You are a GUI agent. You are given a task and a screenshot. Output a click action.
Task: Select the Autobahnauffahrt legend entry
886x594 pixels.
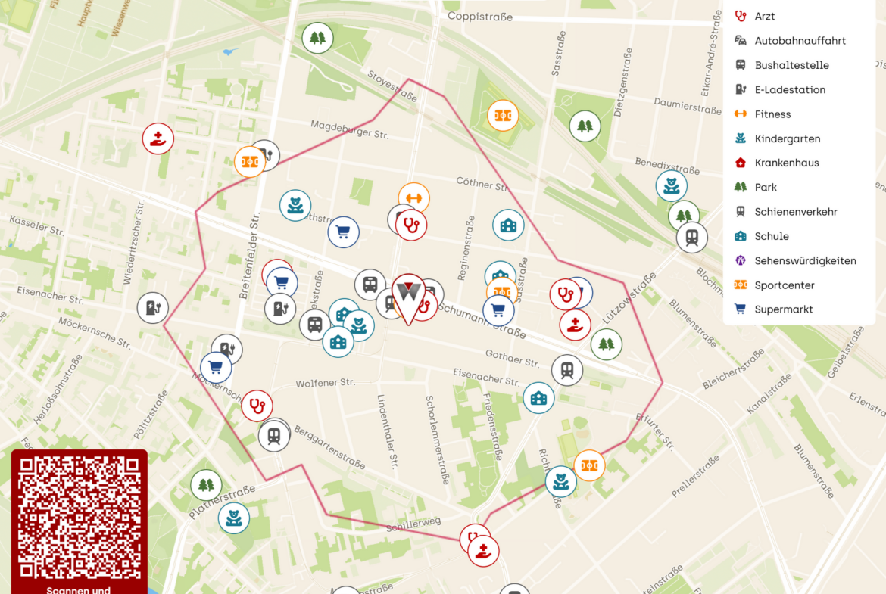click(x=800, y=41)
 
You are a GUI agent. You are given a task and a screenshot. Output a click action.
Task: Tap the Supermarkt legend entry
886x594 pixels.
click(x=783, y=309)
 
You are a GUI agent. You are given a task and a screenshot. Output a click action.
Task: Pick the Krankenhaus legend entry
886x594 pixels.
click(x=786, y=163)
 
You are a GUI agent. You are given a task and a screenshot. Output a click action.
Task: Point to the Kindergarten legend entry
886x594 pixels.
click(x=787, y=138)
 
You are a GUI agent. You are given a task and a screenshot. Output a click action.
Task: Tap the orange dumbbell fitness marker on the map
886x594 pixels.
click(x=413, y=198)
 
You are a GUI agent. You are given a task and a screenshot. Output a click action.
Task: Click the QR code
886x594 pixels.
click(x=80, y=518)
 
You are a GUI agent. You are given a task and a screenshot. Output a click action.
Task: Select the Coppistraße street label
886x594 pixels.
click(x=480, y=17)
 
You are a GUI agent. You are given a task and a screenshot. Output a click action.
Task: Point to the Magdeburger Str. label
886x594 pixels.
click(x=350, y=129)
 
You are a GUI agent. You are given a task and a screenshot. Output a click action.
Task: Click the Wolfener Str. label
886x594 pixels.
click(x=326, y=384)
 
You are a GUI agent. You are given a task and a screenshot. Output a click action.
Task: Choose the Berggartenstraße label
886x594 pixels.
click(x=329, y=446)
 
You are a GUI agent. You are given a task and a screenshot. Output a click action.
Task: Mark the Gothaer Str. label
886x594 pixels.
click(x=513, y=358)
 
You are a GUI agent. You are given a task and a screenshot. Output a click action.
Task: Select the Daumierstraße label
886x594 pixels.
click(x=687, y=104)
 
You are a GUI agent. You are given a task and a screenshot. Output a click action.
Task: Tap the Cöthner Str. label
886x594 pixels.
click(x=483, y=183)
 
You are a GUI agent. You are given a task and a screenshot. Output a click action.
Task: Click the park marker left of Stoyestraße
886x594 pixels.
click(x=317, y=38)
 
